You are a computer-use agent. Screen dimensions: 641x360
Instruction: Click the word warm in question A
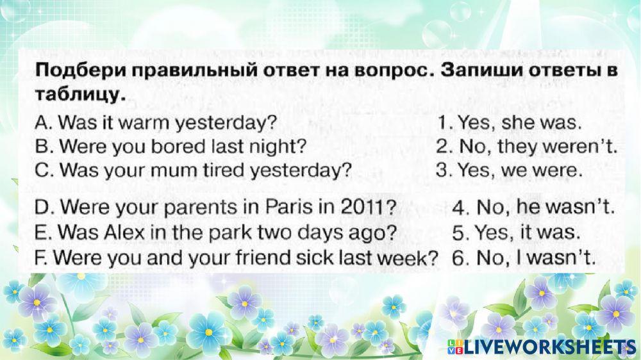(x=143, y=122)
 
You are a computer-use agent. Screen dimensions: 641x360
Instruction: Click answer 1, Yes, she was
(x=510, y=122)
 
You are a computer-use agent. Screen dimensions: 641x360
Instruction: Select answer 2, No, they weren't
(x=526, y=146)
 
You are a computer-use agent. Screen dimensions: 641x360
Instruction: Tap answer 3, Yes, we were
(x=510, y=170)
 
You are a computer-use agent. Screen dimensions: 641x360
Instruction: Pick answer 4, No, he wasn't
(x=533, y=207)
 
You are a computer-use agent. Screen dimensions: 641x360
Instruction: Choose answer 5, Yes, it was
(x=516, y=233)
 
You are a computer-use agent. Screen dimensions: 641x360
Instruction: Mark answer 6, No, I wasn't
(x=524, y=258)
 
